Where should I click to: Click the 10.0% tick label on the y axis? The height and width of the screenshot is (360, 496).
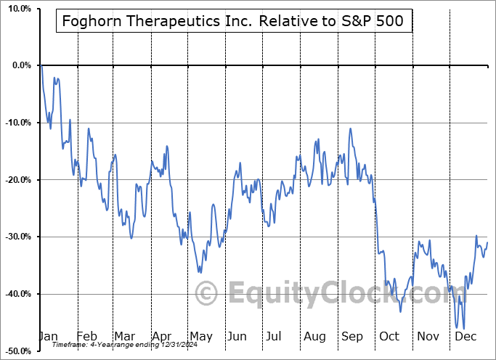[18, 8]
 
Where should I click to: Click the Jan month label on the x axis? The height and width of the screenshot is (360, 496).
[48, 336]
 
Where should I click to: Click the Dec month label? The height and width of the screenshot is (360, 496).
[465, 336]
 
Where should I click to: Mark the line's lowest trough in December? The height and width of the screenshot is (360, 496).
[464, 329]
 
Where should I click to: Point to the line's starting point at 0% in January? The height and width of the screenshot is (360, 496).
[41, 66]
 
